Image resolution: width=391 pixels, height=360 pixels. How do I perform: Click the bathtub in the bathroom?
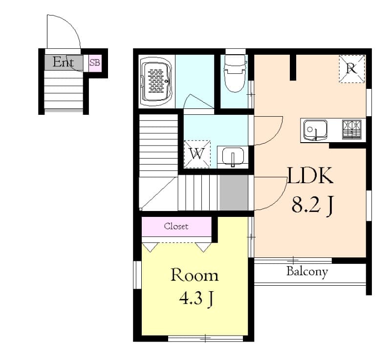point(156,81)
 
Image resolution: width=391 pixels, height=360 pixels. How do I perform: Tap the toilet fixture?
point(234,73)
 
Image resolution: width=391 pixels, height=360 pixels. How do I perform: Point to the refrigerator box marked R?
point(351,69)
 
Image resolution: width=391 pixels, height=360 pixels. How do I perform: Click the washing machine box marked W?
point(197,154)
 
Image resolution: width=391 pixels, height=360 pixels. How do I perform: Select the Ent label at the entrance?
point(64,63)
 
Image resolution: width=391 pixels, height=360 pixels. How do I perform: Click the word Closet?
point(176,226)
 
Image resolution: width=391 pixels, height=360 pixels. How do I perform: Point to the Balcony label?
point(307,272)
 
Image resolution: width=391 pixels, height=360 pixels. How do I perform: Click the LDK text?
point(310,176)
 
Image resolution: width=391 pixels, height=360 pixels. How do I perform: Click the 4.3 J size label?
point(195,298)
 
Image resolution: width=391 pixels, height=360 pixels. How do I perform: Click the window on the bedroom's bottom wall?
point(205,338)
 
